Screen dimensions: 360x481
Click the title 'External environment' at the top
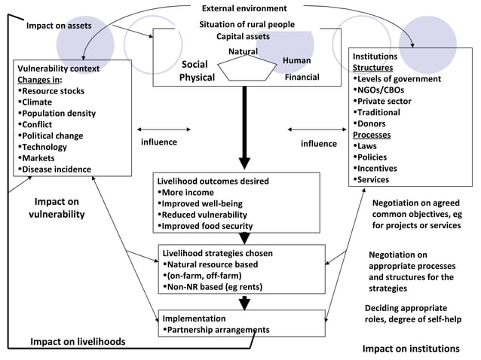tap(244, 8)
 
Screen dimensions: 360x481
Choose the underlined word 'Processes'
tap(371, 135)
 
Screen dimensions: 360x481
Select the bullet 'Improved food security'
tap(207, 226)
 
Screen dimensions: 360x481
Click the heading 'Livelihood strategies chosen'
tap(218, 253)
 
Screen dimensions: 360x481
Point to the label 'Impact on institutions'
tap(411, 349)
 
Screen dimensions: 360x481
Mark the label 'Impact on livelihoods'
tap(78, 342)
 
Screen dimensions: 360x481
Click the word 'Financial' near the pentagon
tap(302, 77)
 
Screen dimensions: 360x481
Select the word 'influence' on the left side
tap(159, 142)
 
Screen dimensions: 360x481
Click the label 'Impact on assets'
tap(59, 26)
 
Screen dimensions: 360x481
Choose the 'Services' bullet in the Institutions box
tap(372, 180)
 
